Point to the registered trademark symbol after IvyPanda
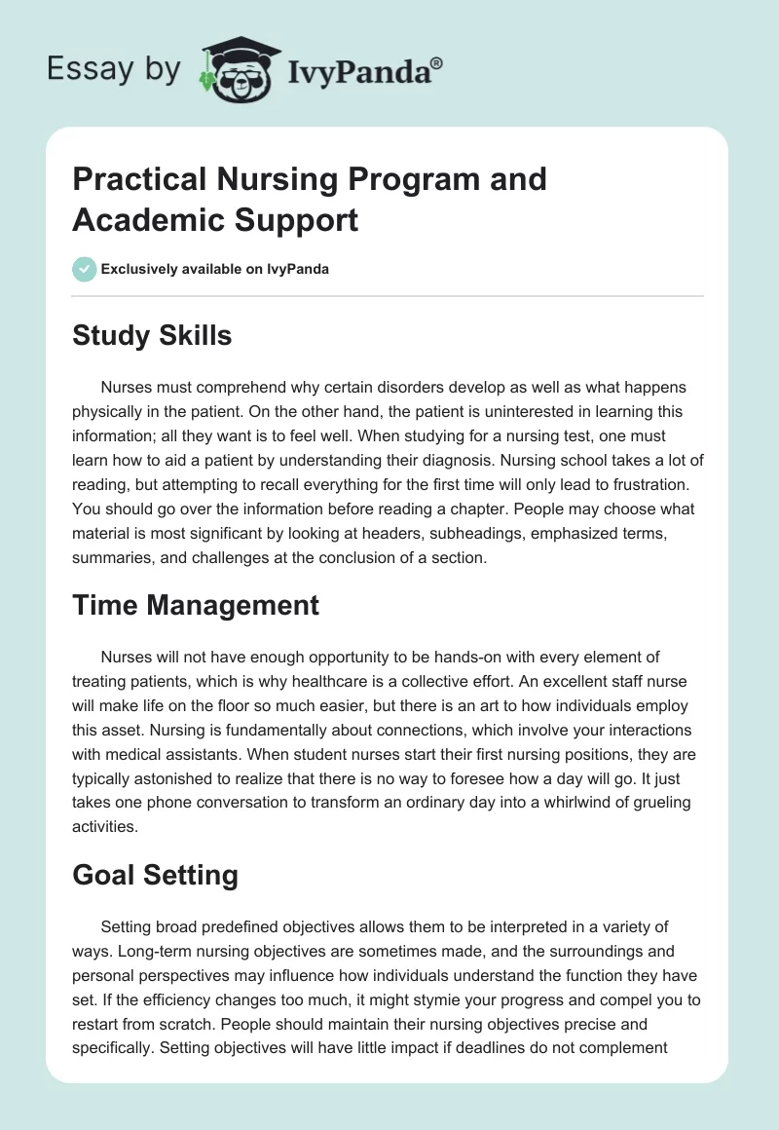coord(437,62)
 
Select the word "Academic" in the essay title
coord(143,219)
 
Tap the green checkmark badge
coord(85,269)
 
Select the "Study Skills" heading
coord(152,335)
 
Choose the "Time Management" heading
coord(196,605)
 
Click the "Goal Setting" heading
coord(156,875)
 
